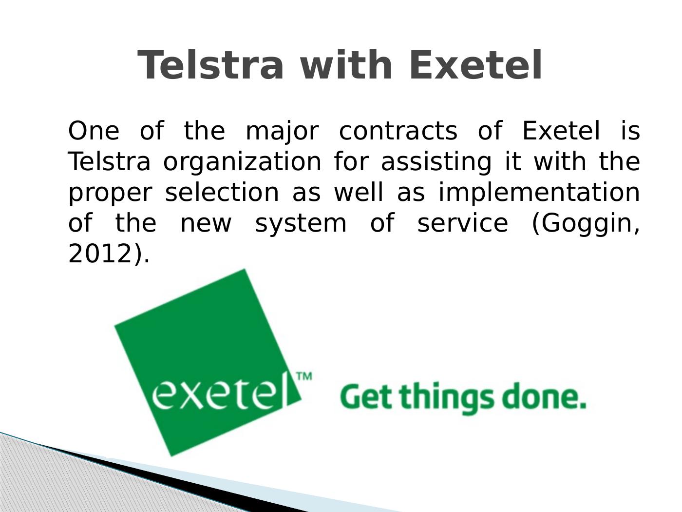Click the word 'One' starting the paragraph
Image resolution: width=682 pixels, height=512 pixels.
pos(94,131)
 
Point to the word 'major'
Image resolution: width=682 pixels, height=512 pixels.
pos(282,132)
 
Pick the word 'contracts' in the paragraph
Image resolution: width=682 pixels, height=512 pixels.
pos(398,131)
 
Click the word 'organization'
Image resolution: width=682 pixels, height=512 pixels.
pos(242,162)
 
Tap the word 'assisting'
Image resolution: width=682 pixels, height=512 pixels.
pos(436,162)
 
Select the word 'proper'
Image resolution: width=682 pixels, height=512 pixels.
pos(110,194)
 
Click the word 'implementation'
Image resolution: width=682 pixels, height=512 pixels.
pos(539,193)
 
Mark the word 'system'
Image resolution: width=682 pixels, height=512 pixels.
pos(301,224)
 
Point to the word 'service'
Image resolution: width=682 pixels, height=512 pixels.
pos(463,222)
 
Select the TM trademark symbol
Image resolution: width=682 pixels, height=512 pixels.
pos(304,376)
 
